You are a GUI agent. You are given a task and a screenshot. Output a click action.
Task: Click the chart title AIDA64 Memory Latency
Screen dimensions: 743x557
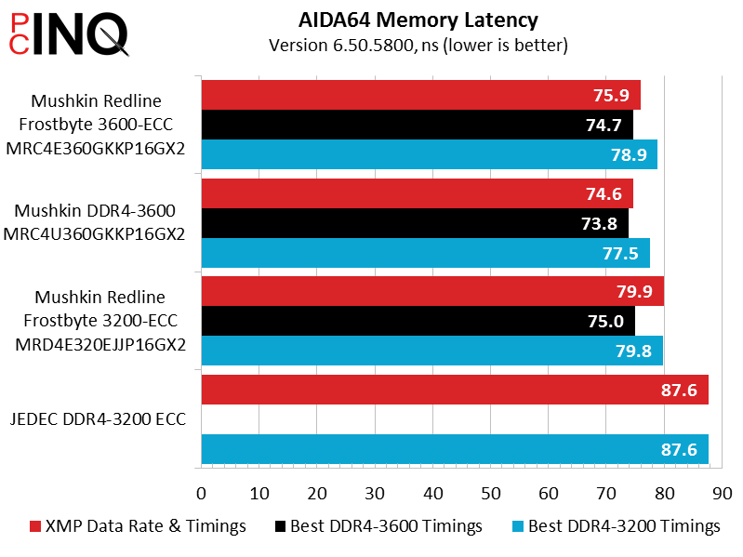pos(418,20)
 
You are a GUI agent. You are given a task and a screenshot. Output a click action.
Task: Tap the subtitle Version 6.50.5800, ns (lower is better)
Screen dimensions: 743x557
pos(418,46)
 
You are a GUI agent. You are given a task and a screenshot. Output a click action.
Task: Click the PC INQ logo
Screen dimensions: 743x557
pos(69,34)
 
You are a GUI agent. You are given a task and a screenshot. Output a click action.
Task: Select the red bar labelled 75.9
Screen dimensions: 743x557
pos(420,95)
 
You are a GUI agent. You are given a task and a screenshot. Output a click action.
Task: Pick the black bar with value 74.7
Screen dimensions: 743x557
pos(417,125)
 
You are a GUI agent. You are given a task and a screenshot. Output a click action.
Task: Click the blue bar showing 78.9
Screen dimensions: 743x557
pos(430,154)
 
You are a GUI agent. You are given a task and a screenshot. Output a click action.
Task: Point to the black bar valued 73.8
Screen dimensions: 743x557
pos(415,223)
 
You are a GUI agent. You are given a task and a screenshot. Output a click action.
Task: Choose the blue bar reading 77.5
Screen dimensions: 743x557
pos(426,253)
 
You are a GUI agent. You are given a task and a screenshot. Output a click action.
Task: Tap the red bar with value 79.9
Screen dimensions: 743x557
pos(432,291)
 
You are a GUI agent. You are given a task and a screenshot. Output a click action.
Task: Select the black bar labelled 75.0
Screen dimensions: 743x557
pos(418,321)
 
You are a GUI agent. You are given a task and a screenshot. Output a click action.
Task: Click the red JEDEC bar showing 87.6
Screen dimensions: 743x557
pos(455,390)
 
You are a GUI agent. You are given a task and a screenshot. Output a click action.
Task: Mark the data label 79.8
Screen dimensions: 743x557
pos(633,351)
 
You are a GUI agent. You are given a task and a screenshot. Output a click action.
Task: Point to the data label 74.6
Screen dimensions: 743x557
pos(604,193)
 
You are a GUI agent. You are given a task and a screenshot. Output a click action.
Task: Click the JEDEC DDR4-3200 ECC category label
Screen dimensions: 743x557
pos(98,419)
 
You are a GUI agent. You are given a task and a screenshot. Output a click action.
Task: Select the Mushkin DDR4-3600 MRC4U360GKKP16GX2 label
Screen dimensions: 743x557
pos(94,222)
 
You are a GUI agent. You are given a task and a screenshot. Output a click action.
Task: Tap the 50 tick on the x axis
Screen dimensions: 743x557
pos(490,494)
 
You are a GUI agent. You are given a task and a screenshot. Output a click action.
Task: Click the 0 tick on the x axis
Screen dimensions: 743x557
pos(202,494)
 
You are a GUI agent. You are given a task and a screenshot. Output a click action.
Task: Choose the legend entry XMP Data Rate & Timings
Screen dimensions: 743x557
pos(138,526)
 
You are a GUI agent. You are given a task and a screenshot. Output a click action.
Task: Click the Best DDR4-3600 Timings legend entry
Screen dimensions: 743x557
pos(378,526)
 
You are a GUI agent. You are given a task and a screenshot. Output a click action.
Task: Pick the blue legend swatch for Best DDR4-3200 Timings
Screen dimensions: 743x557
pos(518,526)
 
